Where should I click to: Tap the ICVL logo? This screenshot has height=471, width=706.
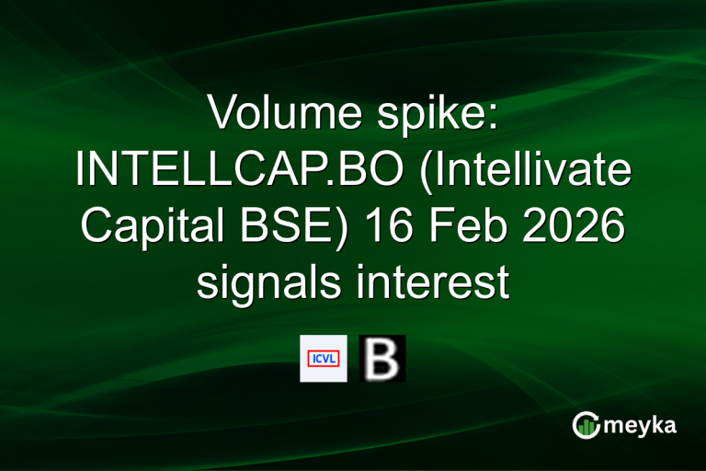pyautogui.click(x=324, y=358)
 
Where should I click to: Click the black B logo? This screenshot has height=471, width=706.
pyautogui.click(x=381, y=358)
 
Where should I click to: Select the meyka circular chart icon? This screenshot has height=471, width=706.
pyautogui.click(x=586, y=424)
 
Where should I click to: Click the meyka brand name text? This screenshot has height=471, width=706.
pyautogui.click(x=642, y=425)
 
